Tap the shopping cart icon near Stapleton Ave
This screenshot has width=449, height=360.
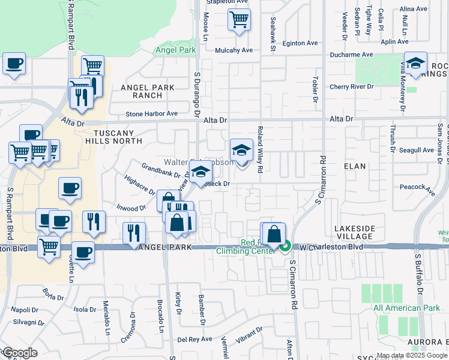pyautogui.click(x=239, y=20)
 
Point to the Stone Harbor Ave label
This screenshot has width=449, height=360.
pyautogui.click(x=152, y=113)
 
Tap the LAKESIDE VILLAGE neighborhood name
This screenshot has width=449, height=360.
pyautogui.click(x=354, y=233)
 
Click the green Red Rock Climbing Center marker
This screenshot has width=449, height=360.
pyautogui.click(x=286, y=246)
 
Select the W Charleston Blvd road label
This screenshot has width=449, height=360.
pyautogui.click(x=332, y=247)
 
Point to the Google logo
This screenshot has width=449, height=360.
pyautogui.click(x=20, y=352)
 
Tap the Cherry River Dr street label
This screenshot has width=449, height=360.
pyautogui.click(x=351, y=87)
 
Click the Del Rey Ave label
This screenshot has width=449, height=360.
pyautogui.click(x=195, y=339)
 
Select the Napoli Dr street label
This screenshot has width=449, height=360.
pyautogui.click(x=25, y=310)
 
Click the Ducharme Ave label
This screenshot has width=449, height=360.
pyautogui.click(x=351, y=55)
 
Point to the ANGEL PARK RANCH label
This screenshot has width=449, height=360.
pyautogui.click(x=147, y=91)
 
